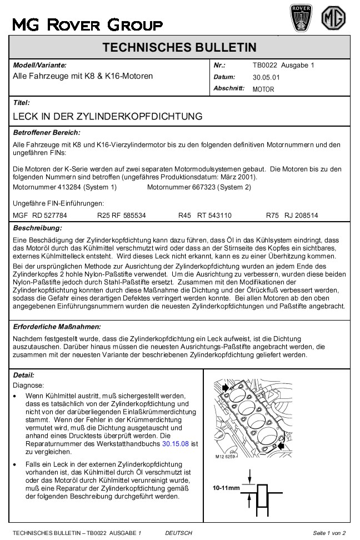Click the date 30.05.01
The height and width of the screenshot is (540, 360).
click(266, 78)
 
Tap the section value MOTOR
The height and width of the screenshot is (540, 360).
click(263, 89)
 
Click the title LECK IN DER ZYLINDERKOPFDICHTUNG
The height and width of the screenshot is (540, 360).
click(107, 117)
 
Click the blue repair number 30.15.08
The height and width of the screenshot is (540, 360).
click(174, 444)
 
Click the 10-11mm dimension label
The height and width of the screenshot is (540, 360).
click(226, 489)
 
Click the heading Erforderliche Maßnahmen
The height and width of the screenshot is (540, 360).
click(56, 327)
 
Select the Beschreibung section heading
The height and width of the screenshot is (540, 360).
click(37, 228)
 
